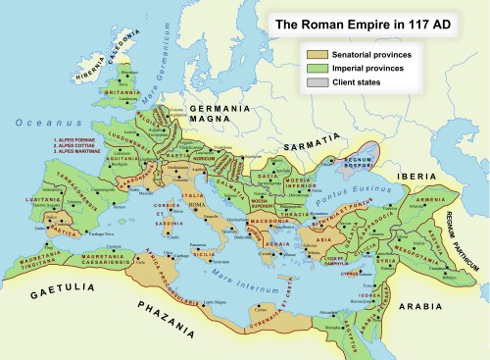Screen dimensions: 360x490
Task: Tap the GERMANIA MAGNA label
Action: point(219,112)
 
